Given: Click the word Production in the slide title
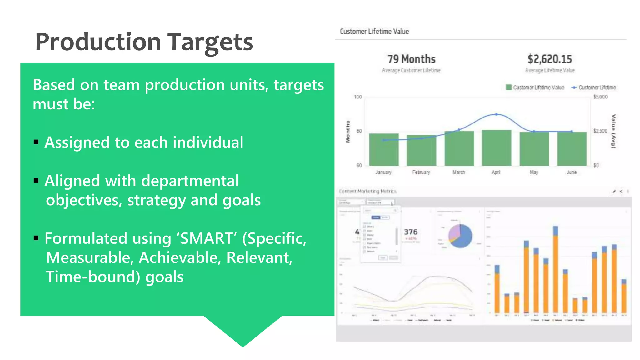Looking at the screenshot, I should click(98, 42).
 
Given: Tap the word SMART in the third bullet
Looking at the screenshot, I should click(207, 238).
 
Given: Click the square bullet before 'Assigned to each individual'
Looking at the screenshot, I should click(36, 142).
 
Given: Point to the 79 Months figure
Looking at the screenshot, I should click(411, 59).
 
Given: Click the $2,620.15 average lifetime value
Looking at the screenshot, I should click(550, 59).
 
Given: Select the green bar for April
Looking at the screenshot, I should click(496, 148).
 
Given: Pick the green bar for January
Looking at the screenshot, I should click(384, 150).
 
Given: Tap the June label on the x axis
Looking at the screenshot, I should click(572, 172).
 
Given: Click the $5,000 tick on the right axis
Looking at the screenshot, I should click(600, 97).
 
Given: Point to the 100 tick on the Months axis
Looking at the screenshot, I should click(358, 97).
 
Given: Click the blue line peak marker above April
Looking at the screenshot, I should click(496, 114).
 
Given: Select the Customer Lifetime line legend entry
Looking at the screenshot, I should click(594, 87).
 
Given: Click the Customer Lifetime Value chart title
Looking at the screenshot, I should click(374, 32).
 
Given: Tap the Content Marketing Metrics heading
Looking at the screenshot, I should click(368, 191).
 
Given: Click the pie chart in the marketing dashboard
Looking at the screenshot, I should click(460, 236).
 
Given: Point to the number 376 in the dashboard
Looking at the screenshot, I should click(411, 232).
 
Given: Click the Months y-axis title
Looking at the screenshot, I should click(348, 132).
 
